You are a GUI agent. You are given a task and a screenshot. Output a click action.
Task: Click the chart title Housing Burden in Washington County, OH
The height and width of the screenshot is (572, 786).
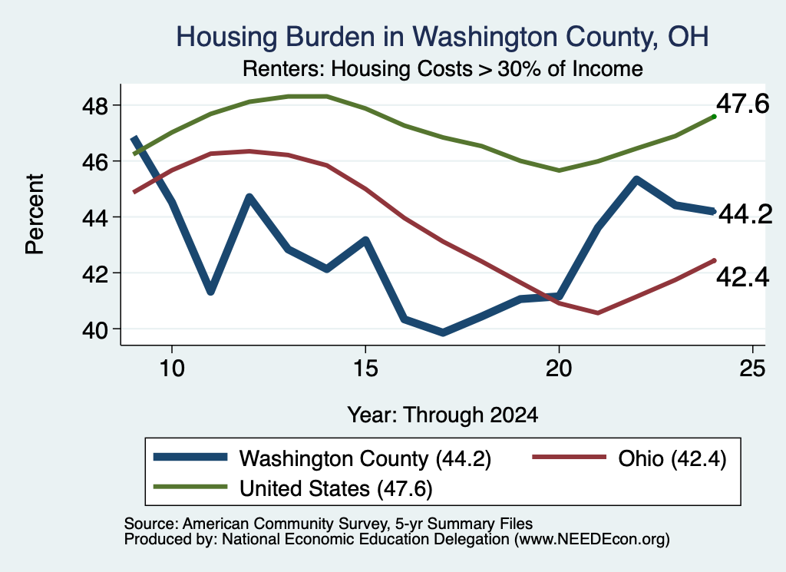[x=442, y=38]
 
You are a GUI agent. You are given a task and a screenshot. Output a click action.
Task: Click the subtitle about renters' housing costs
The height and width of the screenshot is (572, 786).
[x=443, y=68]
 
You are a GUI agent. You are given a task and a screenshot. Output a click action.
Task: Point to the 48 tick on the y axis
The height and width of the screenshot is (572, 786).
[x=94, y=106]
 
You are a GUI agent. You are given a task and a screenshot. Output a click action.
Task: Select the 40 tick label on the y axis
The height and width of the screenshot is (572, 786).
[x=94, y=330]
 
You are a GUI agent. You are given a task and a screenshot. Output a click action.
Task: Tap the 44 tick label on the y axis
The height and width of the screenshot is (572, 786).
[x=94, y=217]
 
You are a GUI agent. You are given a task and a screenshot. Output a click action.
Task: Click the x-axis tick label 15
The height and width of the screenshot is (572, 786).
[x=365, y=369]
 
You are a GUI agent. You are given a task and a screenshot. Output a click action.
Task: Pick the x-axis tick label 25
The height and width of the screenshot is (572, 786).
[x=752, y=369]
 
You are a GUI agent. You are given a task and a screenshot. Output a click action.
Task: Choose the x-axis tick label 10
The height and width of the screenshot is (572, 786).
[x=172, y=369]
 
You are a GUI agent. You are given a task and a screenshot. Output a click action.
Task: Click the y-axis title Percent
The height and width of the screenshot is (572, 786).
[x=35, y=214]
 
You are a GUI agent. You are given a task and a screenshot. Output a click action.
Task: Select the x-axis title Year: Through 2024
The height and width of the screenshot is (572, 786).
[x=443, y=415]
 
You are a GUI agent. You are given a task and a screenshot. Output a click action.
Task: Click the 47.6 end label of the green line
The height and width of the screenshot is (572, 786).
[x=742, y=104]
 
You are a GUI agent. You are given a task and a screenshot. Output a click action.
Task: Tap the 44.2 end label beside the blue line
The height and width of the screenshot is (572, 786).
[x=745, y=215]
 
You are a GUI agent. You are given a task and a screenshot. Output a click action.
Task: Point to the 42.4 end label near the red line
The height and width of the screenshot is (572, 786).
[x=742, y=277]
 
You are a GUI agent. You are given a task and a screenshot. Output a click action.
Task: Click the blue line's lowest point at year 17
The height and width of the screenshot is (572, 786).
[x=443, y=332]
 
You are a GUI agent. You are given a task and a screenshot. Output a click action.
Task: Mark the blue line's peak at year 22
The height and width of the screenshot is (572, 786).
[x=636, y=180]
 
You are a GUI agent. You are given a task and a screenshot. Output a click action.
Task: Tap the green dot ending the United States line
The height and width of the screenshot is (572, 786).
[x=714, y=116]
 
